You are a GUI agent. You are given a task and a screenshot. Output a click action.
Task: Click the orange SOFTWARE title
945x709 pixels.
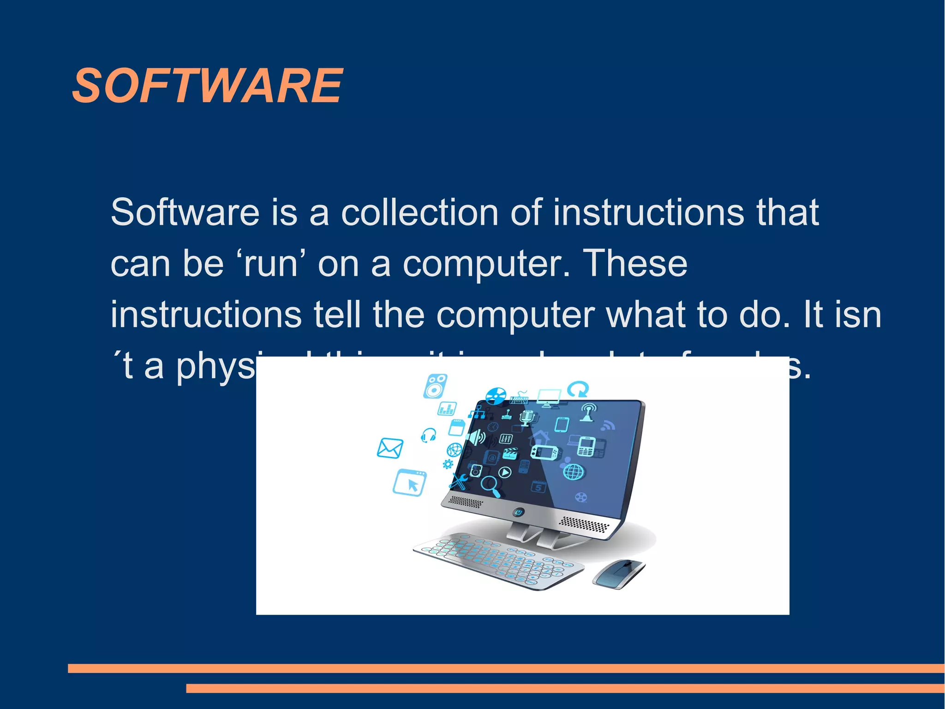click(x=208, y=86)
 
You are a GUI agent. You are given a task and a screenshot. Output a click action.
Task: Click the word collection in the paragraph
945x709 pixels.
click(x=419, y=212)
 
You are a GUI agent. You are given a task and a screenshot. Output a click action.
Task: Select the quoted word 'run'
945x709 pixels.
click(x=271, y=264)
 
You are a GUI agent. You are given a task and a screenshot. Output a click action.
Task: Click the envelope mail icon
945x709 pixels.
click(x=390, y=448)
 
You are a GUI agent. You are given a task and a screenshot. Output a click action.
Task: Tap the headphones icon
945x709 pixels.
click(x=429, y=435)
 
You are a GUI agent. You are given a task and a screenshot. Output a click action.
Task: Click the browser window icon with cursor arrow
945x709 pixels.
click(x=410, y=483)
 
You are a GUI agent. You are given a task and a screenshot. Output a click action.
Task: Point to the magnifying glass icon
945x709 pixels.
click(x=490, y=486)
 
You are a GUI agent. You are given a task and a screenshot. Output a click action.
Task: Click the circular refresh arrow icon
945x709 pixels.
click(x=578, y=389)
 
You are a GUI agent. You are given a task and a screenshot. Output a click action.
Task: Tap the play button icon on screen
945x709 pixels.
click(x=505, y=472)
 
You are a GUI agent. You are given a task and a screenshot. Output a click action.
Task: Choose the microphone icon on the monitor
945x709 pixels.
click(x=526, y=418)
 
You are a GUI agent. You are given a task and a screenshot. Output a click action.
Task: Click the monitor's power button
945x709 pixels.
click(x=518, y=512)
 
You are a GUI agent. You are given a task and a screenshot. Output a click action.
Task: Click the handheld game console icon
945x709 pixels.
click(x=545, y=452)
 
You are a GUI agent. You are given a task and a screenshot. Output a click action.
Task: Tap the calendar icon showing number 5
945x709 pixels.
click(x=538, y=487)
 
